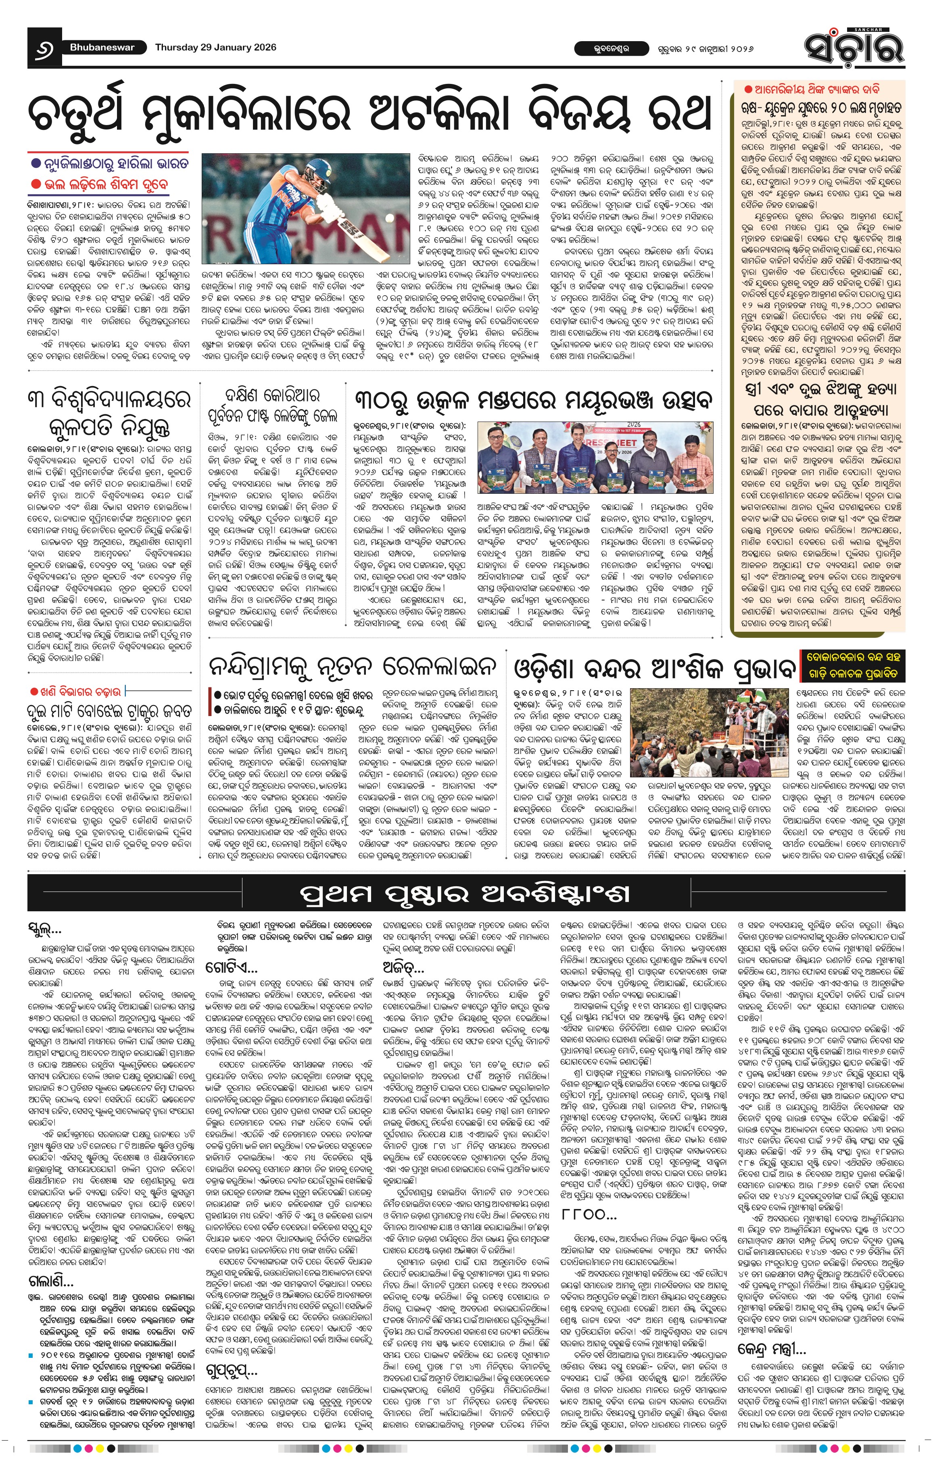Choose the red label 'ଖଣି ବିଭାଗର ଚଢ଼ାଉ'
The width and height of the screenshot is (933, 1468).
coord(77,691)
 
